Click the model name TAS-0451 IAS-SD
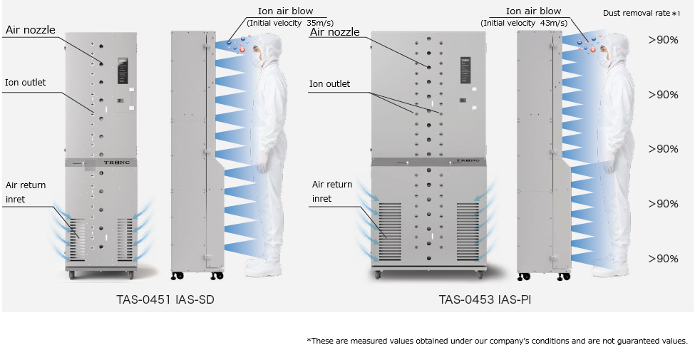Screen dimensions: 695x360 click(x=165, y=299)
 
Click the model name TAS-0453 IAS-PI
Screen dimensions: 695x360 click(x=485, y=299)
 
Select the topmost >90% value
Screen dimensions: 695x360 click(x=663, y=40)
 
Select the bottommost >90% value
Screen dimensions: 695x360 click(x=663, y=259)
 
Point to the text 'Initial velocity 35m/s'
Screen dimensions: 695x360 click(x=290, y=23)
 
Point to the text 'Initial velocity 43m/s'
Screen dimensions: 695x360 click(x=524, y=23)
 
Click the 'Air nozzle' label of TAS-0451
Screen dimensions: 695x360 click(x=31, y=30)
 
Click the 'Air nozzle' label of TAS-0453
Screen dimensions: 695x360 click(x=334, y=32)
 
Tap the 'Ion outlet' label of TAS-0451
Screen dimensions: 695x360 click(x=25, y=83)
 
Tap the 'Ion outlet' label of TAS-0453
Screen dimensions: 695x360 click(x=329, y=84)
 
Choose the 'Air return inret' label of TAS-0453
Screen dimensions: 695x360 click(x=332, y=192)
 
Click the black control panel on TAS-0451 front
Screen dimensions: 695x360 click(x=123, y=71)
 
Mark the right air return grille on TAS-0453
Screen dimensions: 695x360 click(x=468, y=232)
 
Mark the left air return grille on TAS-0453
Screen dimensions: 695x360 click(x=390, y=232)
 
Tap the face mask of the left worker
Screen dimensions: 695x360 click(x=257, y=59)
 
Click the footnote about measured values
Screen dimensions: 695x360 click(x=497, y=341)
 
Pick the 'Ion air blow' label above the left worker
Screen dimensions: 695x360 click(x=285, y=11)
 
